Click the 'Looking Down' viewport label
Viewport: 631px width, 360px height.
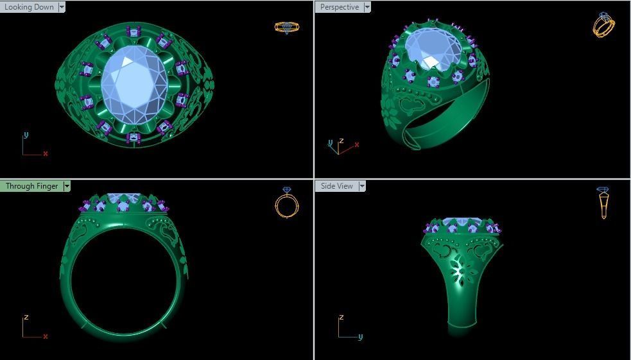click(29, 7)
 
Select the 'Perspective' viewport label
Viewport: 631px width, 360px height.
click(339, 7)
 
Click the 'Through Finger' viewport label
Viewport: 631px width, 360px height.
click(31, 186)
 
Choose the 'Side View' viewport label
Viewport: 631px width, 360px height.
click(336, 186)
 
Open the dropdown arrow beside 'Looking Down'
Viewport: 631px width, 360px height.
click(62, 7)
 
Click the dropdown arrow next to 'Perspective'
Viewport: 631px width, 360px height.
click(367, 7)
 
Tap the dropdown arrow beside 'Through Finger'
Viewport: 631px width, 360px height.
click(67, 186)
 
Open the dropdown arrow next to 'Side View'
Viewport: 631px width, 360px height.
click(362, 186)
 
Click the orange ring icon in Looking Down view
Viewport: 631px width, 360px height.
click(286, 27)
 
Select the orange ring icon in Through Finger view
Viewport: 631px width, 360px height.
click(286, 203)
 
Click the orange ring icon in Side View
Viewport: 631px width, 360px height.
click(603, 203)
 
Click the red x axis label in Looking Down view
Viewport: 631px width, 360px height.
click(46, 154)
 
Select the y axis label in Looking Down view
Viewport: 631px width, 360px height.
click(26, 135)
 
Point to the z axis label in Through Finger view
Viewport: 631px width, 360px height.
click(26, 317)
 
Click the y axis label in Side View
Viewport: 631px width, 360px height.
click(360, 336)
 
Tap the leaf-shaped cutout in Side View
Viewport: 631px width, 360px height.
click(459, 272)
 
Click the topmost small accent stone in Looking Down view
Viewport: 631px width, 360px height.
click(134, 31)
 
